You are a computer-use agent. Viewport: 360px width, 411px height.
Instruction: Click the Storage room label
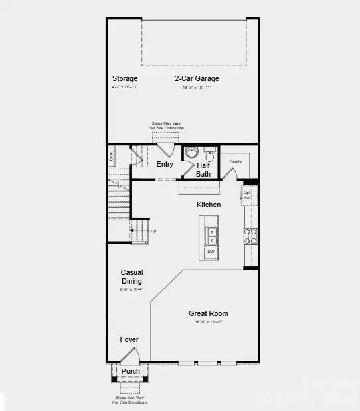[125, 78]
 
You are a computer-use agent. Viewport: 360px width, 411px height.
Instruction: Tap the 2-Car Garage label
[197, 78]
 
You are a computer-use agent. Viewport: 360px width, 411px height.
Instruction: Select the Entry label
[165, 164]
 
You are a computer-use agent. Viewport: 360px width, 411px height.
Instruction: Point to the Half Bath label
[203, 169]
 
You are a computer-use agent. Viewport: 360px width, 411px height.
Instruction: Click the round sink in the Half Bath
[191, 152]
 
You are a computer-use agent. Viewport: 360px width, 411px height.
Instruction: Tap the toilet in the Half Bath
[209, 152]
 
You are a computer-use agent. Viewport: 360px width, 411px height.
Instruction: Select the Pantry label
[236, 161]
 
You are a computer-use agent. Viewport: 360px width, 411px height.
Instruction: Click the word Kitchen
[209, 205]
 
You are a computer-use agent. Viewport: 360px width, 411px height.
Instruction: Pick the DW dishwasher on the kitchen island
[210, 252]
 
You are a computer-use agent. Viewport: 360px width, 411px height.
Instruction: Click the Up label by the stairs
[154, 231]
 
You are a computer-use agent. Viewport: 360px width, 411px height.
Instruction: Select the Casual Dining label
[132, 276]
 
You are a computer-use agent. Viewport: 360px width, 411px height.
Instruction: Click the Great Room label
[208, 313]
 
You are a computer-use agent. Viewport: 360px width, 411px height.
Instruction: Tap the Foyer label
[130, 339]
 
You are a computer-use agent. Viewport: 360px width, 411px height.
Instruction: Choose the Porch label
[130, 371]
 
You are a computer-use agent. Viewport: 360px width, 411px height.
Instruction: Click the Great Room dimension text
[208, 322]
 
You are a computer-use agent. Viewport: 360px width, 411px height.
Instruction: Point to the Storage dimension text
[125, 87]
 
